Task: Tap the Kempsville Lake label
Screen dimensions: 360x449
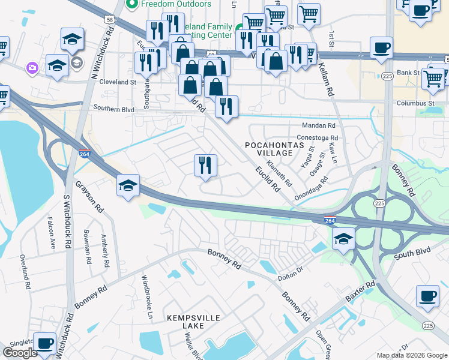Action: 185,321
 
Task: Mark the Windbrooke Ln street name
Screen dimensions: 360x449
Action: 148,292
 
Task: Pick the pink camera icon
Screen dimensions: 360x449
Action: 31,68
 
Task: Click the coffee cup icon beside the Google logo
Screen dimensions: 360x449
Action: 44,343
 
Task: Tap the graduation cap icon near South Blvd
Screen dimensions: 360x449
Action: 343,239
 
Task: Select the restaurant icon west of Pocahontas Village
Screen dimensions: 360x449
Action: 205,165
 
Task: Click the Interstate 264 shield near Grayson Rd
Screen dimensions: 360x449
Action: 85,154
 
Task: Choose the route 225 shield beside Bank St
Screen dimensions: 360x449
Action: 387,76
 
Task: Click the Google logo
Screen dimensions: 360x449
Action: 20,353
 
